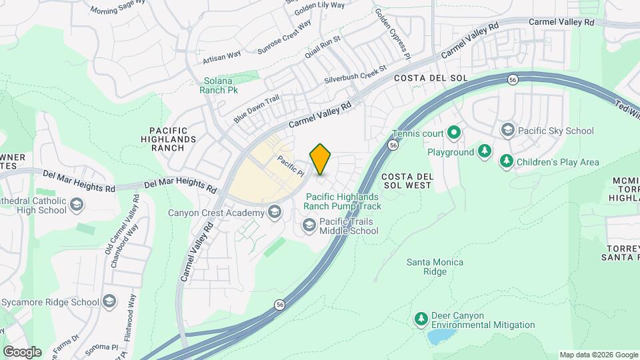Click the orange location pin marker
pyautogui.click(x=320, y=159)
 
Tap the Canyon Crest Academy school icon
pyautogui.click(x=273, y=213)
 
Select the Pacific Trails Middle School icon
pyautogui.click(x=309, y=226)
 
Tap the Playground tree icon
pyautogui.click(x=485, y=152)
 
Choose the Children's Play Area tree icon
pyautogui.click(x=507, y=161)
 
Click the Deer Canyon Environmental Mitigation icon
pyautogui.click(x=421, y=320)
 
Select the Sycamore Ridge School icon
pyautogui.click(x=109, y=302)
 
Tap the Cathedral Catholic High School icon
pyautogui.click(x=77, y=205)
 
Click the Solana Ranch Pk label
pyautogui.click(x=220, y=85)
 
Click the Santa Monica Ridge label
pyautogui.click(x=435, y=267)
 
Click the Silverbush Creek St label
pyautogui.click(x=355, y=74)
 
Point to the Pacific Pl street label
pyautogui.click(x=291, y=166)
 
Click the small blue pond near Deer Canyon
pyautogui.click(x=438, y=337)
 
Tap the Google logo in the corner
pyautogui.click(x=21, y=352)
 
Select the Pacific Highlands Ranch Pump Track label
pyautogui.click(x=343, y=201)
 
